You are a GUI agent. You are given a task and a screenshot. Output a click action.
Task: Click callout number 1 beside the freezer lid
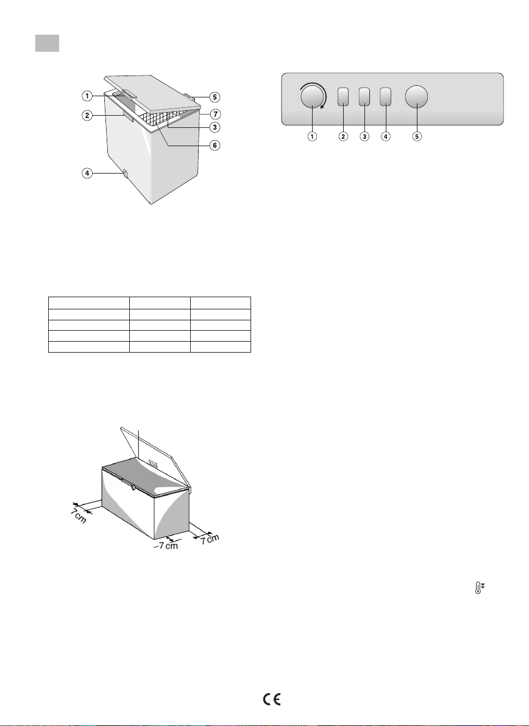pos(87,96)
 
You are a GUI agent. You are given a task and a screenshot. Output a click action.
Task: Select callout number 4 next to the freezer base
pos(87,173)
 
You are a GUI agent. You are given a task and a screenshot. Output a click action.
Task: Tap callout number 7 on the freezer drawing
pos(215,113)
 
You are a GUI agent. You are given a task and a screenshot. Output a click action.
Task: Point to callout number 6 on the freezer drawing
pos(215,146)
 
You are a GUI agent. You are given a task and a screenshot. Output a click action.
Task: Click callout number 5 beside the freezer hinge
pos(215,97)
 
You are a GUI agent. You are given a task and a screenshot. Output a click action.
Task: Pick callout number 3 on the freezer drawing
pos(215,127)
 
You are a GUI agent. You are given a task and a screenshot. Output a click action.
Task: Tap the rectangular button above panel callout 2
pos(343,97)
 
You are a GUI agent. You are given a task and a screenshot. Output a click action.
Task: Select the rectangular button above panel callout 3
pos(364,97)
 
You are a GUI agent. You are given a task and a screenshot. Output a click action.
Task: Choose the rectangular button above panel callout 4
pos(386,97)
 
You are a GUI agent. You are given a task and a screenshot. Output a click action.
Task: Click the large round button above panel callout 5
pos(416,97)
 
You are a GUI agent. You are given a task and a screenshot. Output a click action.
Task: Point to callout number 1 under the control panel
pos(313,136)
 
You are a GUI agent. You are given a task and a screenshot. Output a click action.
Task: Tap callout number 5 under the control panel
pos(417,136)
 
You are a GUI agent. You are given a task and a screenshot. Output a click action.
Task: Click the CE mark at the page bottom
pos(272,699)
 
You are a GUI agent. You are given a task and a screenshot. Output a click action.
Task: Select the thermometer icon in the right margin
pos(480,588)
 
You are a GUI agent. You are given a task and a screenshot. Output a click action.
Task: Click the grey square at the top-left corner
pos(48,43)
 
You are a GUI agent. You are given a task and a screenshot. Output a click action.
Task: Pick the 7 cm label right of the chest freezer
pos(210,540)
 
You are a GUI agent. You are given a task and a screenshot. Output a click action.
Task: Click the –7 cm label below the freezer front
pos(166,546)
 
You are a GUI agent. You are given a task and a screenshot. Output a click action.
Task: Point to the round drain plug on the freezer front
pos(125,174)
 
